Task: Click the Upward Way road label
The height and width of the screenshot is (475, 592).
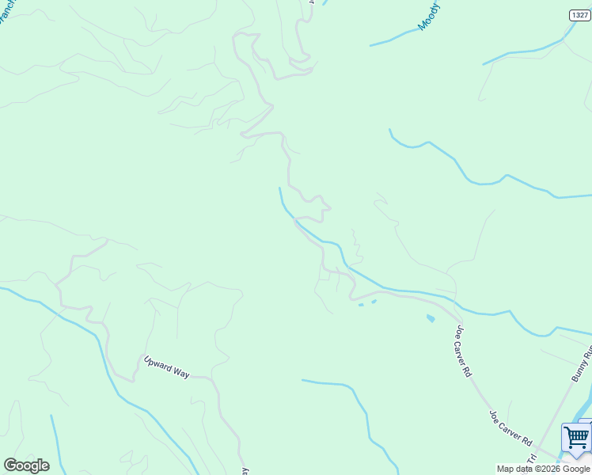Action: coord(166,367)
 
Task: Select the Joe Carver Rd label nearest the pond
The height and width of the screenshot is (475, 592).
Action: coord(462,349)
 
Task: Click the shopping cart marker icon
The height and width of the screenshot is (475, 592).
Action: coord(576,439)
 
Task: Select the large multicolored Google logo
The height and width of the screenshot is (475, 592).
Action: coord(26,465)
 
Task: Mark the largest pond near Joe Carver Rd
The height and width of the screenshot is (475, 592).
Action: coord(431,318)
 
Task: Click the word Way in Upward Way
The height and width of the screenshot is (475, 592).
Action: coord(180,371)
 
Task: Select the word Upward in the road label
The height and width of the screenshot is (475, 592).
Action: coord(157,363)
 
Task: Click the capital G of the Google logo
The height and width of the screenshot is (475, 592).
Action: coord(10,465)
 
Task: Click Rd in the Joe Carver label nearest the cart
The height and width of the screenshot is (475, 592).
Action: coord(528,439)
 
